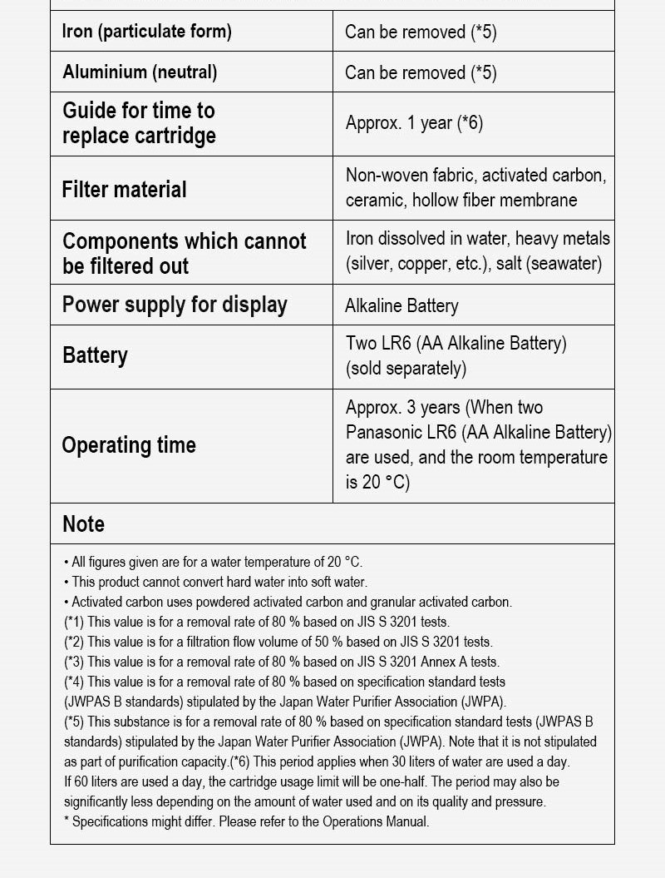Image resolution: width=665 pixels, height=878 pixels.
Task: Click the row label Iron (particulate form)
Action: [x=147, y=32]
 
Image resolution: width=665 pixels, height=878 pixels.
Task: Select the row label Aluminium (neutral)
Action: [x=140, y=72]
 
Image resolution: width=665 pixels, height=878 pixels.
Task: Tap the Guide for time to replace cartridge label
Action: [x=139, y=123]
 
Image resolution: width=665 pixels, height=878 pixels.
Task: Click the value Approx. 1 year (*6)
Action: [x=414, y=123]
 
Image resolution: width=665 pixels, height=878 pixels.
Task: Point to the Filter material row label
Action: [x=125, y=189]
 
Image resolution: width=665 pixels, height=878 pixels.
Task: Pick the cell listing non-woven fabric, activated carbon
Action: [x=475, y=187]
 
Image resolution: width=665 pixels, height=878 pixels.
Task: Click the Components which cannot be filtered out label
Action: [x=185, y=253]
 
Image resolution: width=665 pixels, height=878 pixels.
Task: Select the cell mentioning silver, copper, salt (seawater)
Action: [x=477, y=251]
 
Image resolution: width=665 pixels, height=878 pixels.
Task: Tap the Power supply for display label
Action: [x=175, y=305]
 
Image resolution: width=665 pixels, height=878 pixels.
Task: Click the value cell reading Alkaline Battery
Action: [x=401, y=305]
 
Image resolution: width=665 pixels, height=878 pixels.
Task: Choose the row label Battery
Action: [x=96, y=355]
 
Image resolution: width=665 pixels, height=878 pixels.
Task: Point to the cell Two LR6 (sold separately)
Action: [x=456, y=355]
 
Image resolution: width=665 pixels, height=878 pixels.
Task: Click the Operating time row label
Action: [x=129, y=445]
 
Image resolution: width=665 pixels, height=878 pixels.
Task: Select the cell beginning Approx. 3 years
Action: [x=478, y=444]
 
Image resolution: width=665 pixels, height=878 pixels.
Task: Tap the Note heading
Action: [x=84, y=523]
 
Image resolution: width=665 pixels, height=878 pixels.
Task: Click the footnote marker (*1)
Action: [x=74, y=622]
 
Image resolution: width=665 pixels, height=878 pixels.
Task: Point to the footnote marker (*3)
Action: [x=74, y=662]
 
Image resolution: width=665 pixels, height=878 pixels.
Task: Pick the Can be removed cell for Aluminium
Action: [x=421, y=72]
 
